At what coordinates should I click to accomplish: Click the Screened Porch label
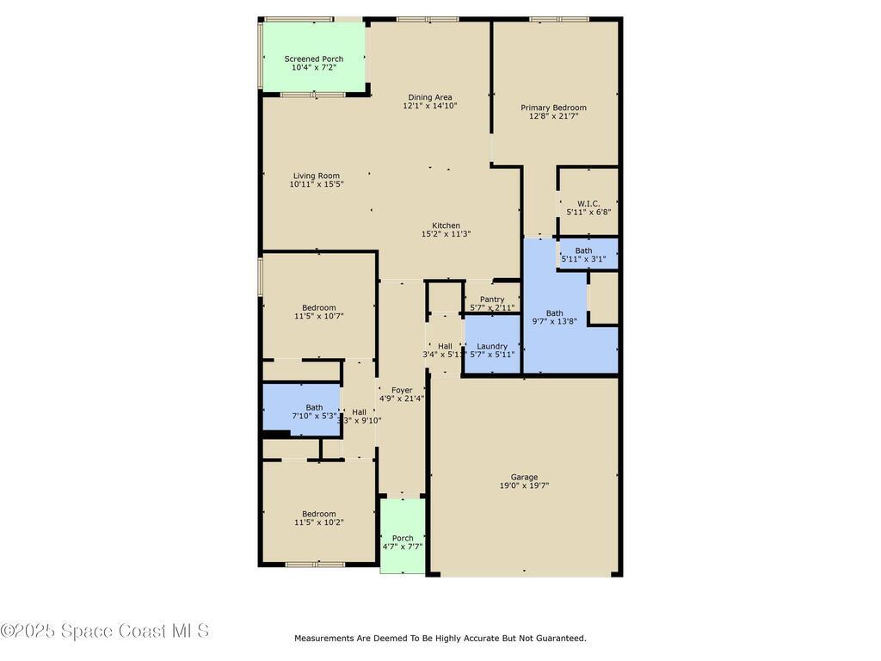coord(314,59)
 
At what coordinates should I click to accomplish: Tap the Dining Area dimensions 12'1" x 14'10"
coord(430,106)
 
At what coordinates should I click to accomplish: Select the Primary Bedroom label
coord(553,108)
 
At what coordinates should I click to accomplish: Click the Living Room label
coord(317,176)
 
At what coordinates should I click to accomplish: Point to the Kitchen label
coord(446,225)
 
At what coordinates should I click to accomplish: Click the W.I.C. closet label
coord(588,203)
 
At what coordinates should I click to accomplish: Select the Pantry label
coord(492,300)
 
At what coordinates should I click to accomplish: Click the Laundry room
coord(492,349)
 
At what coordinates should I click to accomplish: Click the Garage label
coord(524,477)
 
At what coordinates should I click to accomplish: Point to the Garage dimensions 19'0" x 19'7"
coord(524,486)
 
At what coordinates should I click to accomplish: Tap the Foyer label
coord(402,390)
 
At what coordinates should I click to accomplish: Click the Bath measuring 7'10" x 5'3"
coord(314,411)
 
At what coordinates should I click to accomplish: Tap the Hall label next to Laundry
coord(445,346)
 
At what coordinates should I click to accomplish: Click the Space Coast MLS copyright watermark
coord(105,631)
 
